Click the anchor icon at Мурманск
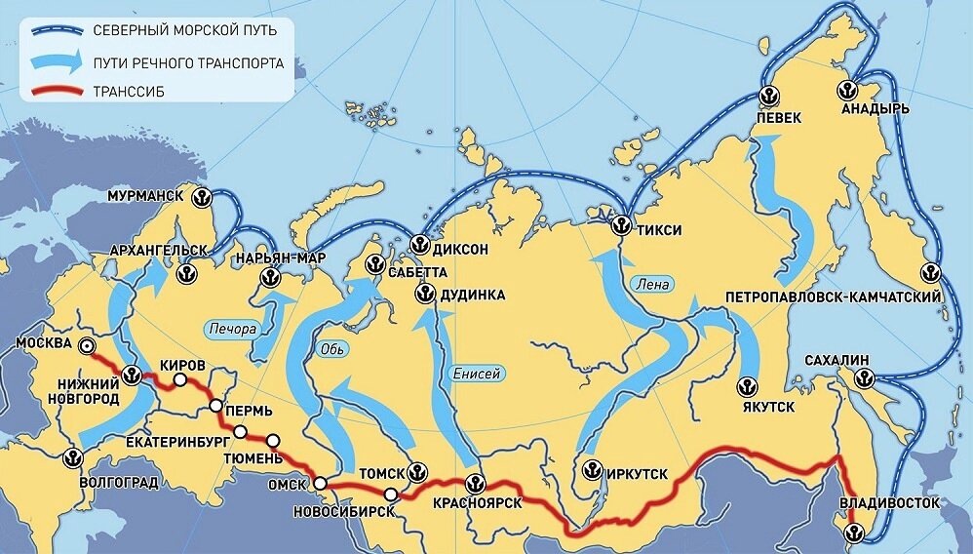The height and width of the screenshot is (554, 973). (x=201, y=196)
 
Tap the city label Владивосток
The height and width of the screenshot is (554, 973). (x=890, y=503)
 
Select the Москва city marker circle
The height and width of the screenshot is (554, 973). (x=88, y=344)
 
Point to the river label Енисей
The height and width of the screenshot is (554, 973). (x=477, y=374)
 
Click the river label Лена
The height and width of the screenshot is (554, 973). (x=651, y=286)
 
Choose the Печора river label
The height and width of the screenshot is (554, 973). (x=232, y=329)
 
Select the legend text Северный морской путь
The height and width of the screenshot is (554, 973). (x=185, y=30)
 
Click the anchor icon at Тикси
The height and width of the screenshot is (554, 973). (x=618, y=225)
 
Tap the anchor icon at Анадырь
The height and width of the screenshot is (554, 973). (x=846, y=90)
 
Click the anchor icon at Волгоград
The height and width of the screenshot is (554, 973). (x=71, y=456)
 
